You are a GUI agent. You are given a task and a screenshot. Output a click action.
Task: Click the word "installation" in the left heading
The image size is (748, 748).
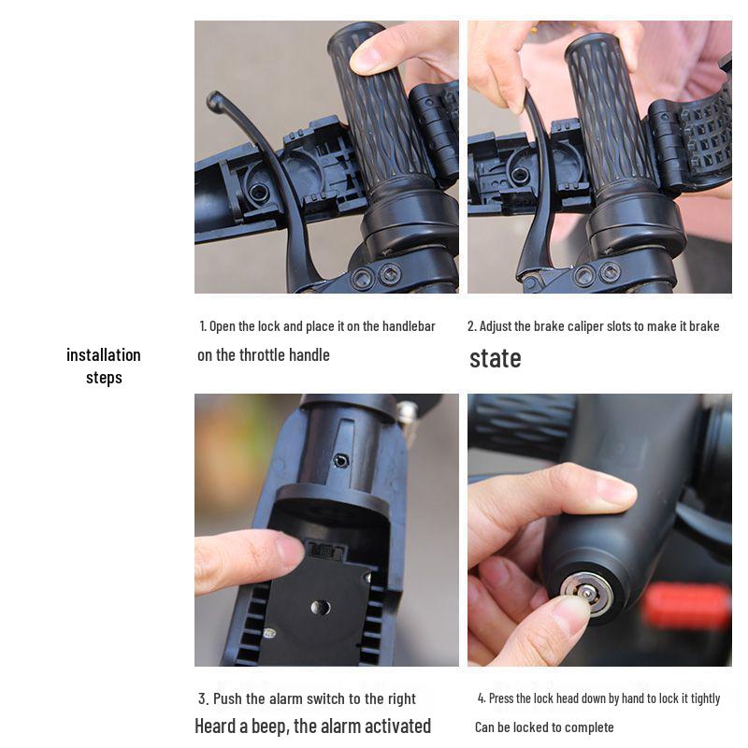point(104,355)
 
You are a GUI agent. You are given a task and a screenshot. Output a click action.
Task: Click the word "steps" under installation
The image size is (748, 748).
point(104,378)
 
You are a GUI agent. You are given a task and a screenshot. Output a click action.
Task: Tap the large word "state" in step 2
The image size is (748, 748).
point(496,358)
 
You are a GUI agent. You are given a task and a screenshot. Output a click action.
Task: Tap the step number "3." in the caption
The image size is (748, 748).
point(204,698)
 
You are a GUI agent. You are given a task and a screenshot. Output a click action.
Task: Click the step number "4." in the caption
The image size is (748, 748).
point(482,698)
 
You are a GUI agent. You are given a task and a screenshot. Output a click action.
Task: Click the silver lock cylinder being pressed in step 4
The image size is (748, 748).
point(586,593)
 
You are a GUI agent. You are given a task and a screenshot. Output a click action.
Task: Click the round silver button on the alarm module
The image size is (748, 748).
point(320,607)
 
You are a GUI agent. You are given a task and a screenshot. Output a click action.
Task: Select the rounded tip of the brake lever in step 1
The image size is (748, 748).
point(214,100)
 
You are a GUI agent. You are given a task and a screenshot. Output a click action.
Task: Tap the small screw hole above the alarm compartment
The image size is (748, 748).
point(340,461)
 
